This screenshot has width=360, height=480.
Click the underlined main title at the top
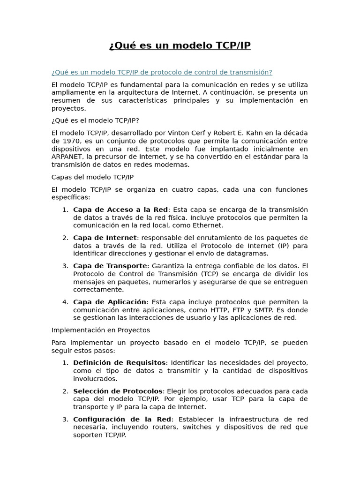(x=180, y=45)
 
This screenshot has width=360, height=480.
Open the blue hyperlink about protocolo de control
(x=162, y=72)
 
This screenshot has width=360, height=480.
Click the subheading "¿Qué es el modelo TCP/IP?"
(x=95, y=120)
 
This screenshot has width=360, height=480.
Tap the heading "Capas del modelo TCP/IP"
(x=92, y=177)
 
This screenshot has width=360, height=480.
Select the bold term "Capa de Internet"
(x=105, y=238)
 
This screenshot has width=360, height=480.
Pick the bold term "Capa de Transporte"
(x=110, y=266)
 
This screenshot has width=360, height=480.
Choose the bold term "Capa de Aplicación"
(x=110, y=302)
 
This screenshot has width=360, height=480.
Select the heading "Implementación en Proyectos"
(x=101, y=330)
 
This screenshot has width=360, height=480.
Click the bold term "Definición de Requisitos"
(x=119, y=363)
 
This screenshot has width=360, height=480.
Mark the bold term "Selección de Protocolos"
(x=118, y=391)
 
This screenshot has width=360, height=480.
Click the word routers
(x=191, y=427)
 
